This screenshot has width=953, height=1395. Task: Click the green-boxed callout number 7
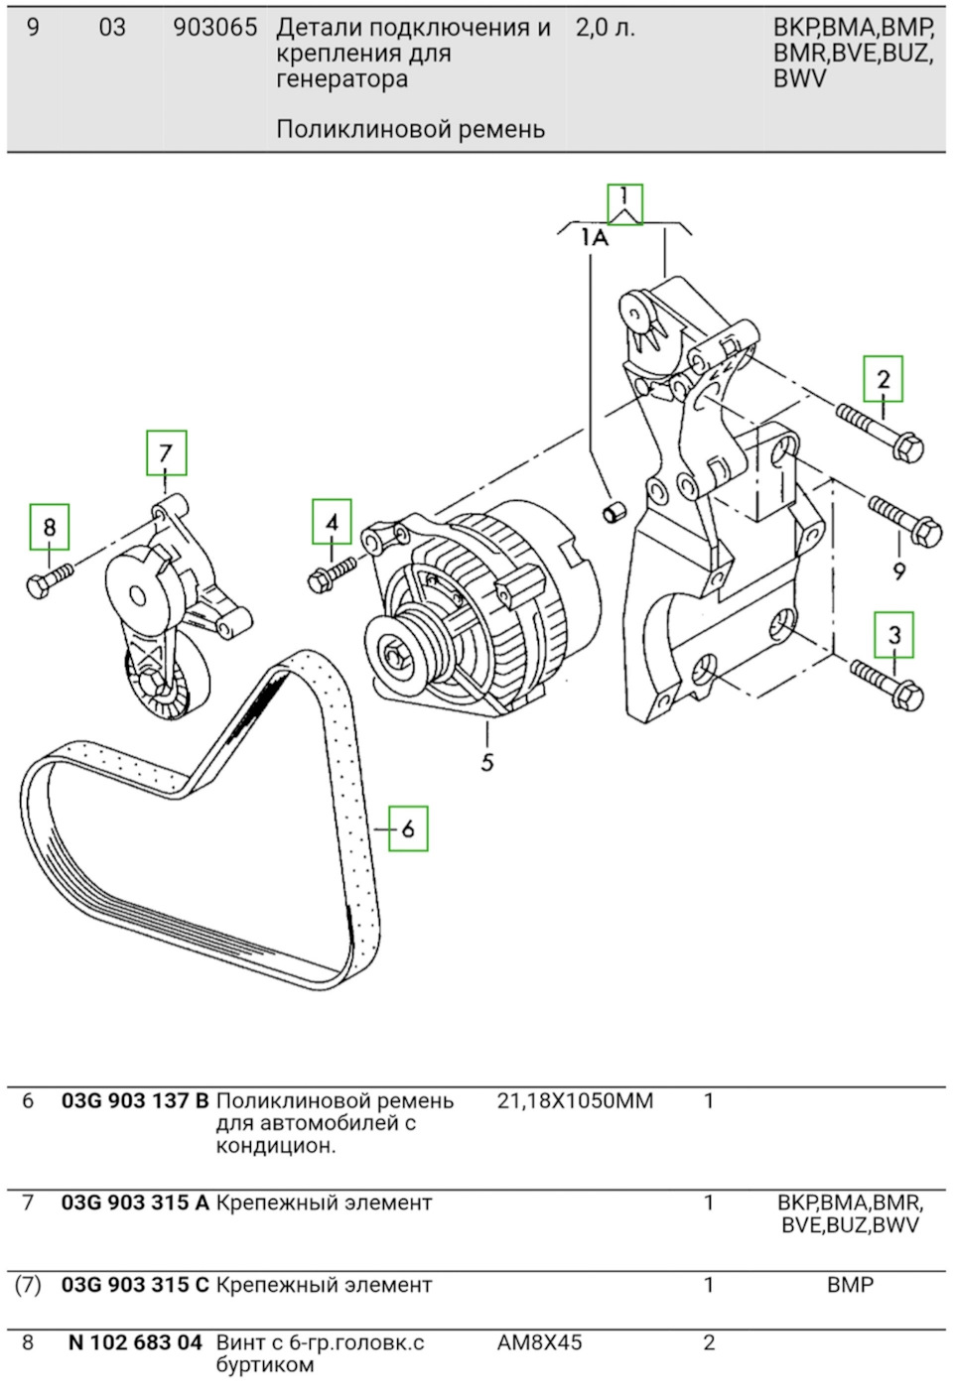166,452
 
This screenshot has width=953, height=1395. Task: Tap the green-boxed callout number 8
50,527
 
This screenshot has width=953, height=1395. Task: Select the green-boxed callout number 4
332,522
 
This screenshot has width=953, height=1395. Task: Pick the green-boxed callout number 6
408,828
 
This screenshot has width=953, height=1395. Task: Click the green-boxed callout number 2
884,379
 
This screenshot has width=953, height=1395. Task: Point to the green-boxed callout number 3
894,635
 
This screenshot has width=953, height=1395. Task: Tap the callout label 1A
595,237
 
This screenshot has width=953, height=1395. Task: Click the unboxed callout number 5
487,762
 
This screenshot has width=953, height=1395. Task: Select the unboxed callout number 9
898,571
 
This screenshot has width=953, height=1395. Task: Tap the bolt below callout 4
332,573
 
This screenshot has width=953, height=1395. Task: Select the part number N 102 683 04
135,1342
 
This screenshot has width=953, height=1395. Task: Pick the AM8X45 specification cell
540,1342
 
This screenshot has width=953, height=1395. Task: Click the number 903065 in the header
215,28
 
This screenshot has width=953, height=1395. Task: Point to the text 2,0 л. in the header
606,28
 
